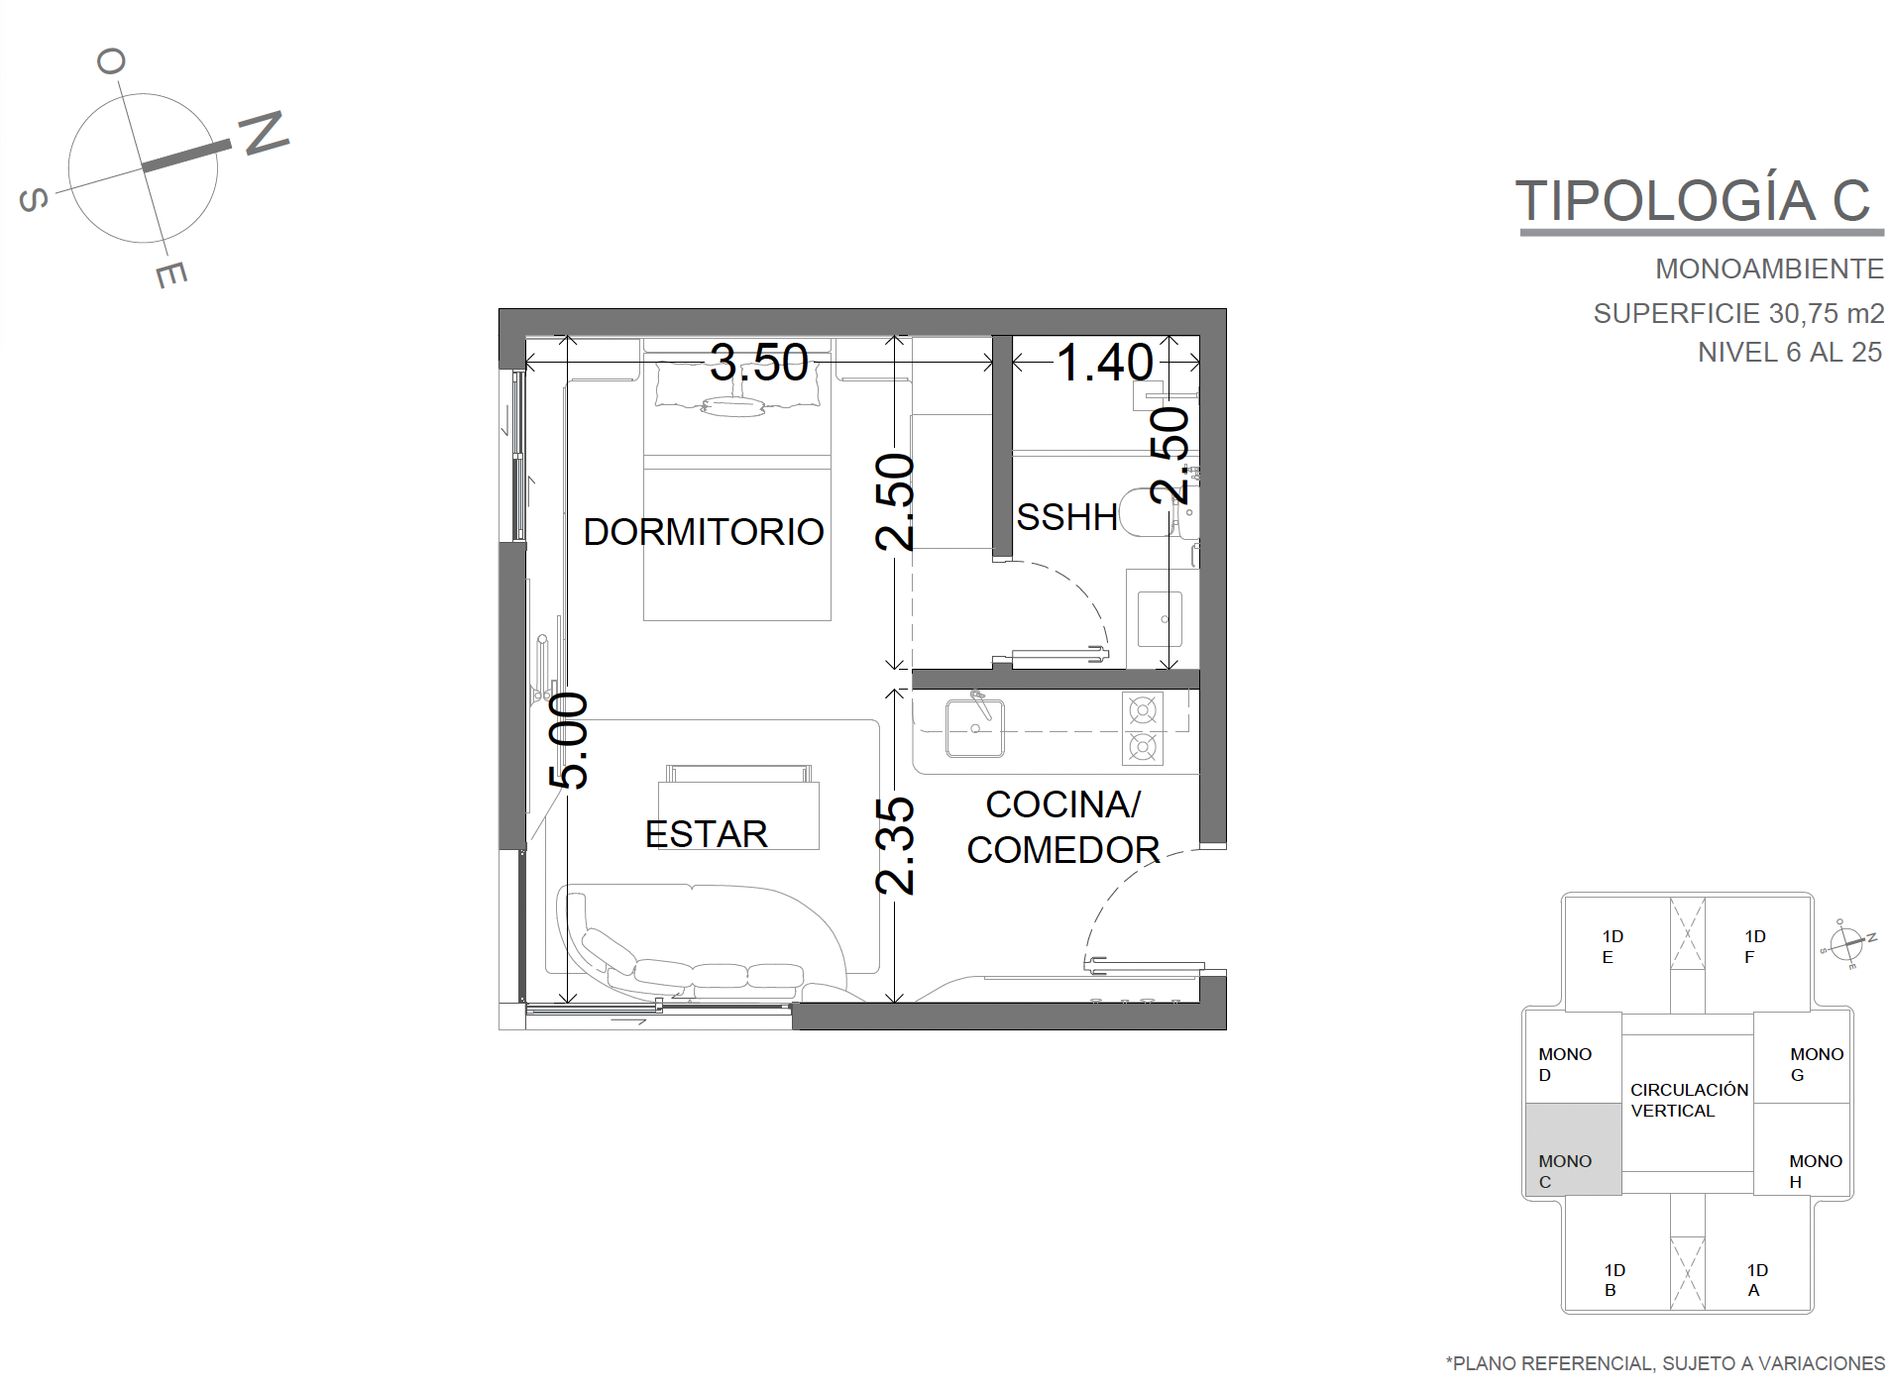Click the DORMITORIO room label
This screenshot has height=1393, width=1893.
pos(704,532)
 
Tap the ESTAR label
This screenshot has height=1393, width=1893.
pos(707,834)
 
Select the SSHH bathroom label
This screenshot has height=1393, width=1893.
pos(1067,516)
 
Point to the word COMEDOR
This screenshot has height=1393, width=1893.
pos(1063,850)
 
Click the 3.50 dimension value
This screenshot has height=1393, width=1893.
pos(759,363)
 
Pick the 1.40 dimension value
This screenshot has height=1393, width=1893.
pos(1105,363)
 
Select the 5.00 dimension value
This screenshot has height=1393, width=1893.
pos(570,740)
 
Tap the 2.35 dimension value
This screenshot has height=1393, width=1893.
pos(896,846)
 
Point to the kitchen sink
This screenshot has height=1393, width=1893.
pos(975,728)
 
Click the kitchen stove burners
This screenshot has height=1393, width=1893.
pos(1143,728)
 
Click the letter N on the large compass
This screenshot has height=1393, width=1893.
pos(264,132)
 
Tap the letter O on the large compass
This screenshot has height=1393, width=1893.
pos(111,62)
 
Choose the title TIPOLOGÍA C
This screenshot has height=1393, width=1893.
pos(1694,201)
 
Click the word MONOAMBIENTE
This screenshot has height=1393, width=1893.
pos(1769,268)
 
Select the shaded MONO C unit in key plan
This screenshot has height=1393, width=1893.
pos(1573,1149)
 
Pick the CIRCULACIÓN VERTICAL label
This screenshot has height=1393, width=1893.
pos(1690,1100)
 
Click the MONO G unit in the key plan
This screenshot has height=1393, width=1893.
pos(1802,1057)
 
